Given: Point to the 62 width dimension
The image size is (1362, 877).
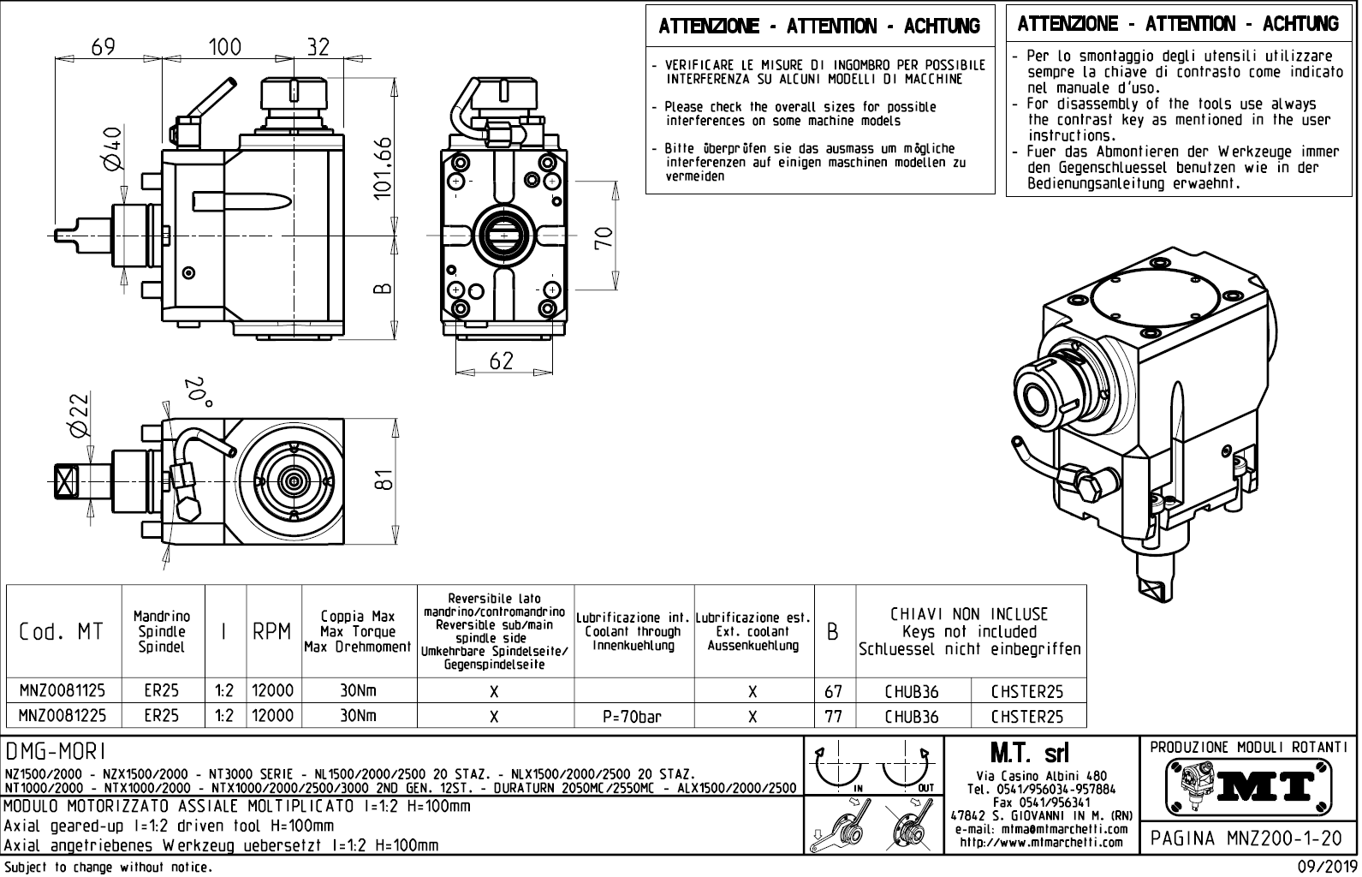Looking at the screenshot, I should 501,361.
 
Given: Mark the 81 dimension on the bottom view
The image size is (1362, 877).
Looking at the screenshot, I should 385,481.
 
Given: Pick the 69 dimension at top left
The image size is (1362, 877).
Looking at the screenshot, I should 103,47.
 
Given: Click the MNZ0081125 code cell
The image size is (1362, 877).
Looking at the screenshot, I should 63,691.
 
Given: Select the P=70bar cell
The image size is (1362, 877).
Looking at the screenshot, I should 633,716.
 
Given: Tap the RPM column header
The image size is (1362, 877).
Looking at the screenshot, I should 273,632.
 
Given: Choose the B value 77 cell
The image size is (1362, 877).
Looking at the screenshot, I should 833,716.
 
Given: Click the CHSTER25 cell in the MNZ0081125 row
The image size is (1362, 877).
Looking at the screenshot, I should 1027,691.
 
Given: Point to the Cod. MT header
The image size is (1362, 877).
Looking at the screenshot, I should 61,632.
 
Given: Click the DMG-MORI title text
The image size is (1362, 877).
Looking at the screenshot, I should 55,751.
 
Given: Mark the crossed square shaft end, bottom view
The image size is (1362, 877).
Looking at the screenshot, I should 64,480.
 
